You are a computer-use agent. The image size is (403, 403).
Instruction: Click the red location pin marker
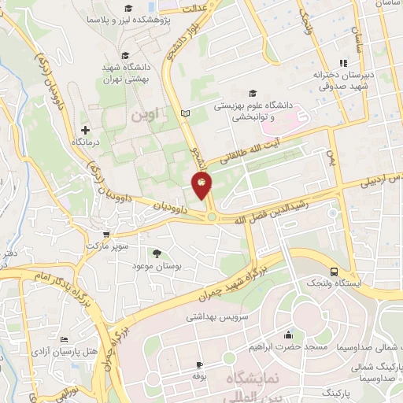[201, 185]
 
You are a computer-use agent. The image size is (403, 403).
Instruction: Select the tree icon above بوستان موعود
[156, 253]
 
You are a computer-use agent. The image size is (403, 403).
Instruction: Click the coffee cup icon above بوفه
[198, 364]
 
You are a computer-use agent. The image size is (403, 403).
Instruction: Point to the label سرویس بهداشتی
[212, 316]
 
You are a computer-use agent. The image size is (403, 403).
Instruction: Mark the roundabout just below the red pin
[211, 217]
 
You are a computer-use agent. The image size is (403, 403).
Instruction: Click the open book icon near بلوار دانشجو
[186, 115]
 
